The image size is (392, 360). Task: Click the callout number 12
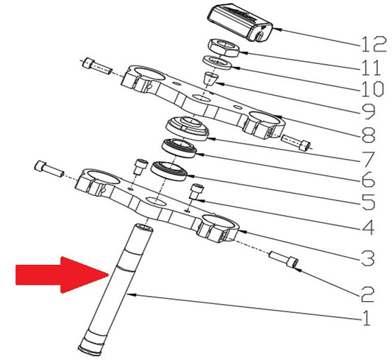coord(374,44)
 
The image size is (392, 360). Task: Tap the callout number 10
coord(372,88)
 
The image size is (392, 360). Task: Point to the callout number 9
coord(367,111)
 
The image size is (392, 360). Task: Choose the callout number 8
coord(368,135)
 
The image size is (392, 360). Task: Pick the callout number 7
coord(367,159)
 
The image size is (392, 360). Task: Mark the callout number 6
coord(368,179)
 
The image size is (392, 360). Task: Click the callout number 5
coord(368,202)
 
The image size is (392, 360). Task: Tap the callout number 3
coord(367,258)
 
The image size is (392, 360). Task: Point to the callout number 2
coord(367,294)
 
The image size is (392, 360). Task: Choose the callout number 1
coord(366,318)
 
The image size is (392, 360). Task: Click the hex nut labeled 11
coord(224,48)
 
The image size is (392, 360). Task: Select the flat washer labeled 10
coord(217,63)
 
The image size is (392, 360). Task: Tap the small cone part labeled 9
coord(210,79)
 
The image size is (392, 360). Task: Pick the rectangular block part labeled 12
coord(239,22)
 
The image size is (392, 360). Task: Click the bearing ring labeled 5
coord(169,171)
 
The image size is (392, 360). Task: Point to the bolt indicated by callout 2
coord(283,260)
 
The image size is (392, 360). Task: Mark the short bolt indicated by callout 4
coord(196,191)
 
